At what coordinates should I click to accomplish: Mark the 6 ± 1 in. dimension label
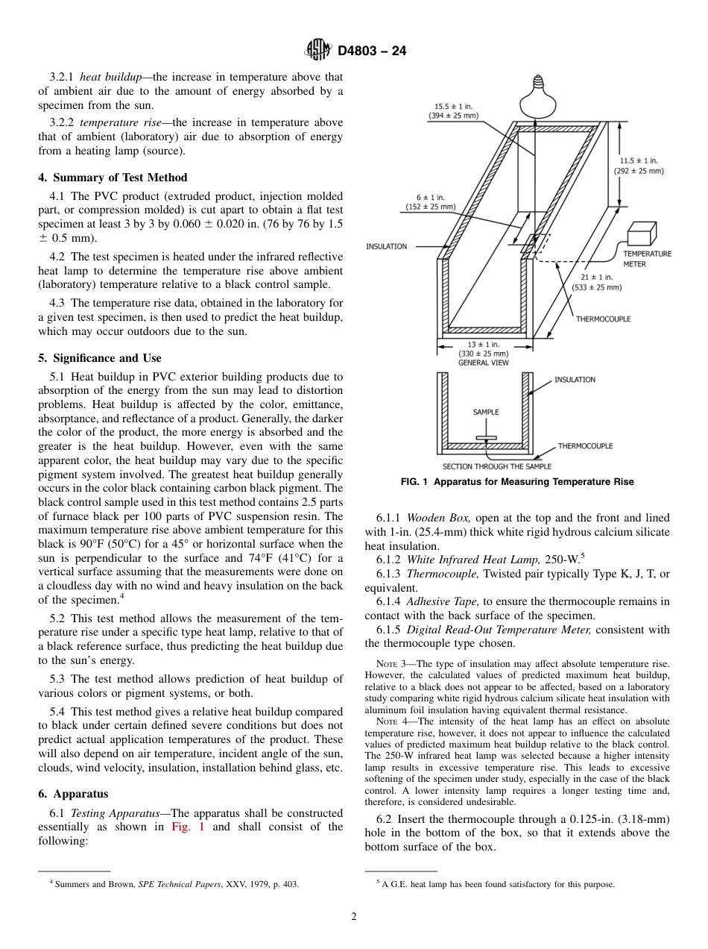click(x=430, y=201)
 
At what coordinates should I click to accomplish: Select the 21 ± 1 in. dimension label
click(x=596, y=282)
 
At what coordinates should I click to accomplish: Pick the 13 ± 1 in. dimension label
click(x=483, y=349)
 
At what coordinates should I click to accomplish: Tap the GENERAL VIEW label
click(x=483, y=363)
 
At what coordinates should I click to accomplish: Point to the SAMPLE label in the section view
click(x=486, y=412)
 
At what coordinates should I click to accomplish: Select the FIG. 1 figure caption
click(x=516, y=482)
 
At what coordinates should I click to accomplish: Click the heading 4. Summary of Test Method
click(x=113, y=178)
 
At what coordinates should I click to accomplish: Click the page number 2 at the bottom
click(x=354, y=917)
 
